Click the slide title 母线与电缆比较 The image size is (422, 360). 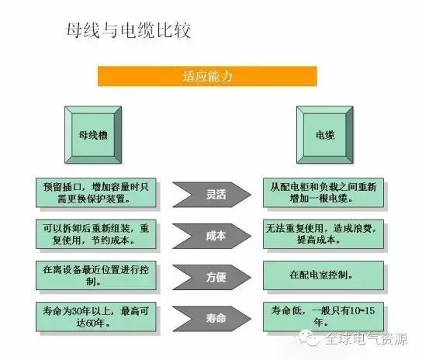[x=128, y=30]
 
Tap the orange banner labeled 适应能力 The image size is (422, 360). [x=207, y=76]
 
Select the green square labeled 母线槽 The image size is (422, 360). [x=93, y=135]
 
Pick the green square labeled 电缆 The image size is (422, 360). [x=325, y=135]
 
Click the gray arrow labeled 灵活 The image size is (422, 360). [x=212, y=195]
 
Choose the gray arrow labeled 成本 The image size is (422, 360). [x=212, y=236]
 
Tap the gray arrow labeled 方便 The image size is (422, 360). [x=212, y=277]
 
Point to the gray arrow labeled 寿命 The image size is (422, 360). [x=212, y=319]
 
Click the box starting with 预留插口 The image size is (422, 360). [x=96, y=192]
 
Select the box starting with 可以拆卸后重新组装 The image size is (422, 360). [x=96, y=234]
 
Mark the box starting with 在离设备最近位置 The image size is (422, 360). [x=96, y=275]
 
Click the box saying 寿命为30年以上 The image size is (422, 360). [x=96, y=317]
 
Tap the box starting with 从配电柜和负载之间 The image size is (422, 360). [x=323, y=192]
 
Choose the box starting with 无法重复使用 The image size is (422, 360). [x=323, y=234]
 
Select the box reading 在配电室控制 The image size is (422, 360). [x=323, y=275]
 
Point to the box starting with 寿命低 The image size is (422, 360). [x=323, y=317]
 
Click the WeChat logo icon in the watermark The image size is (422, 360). [x=309, y=338]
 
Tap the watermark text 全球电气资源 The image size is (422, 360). [x=366, y=339]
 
